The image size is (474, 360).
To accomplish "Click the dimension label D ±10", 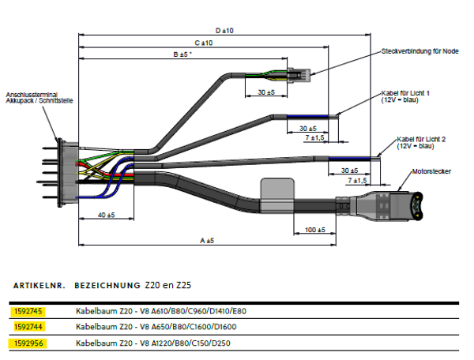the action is tap(224, 31).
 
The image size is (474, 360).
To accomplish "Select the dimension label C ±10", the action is tap(204, 43).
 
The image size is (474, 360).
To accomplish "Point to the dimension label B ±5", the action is tap(182, 54).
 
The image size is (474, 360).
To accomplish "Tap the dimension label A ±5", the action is tap(207, 241).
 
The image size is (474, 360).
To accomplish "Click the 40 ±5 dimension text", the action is tap(107, 215).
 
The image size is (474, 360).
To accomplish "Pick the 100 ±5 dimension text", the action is tap(314, 230).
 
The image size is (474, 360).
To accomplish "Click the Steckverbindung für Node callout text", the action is tap(420, 51).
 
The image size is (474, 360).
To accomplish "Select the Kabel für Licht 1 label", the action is tap(405, 96).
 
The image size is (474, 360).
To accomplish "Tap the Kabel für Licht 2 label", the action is tap(421, 143).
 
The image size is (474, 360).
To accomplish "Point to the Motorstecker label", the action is tap(431, 171).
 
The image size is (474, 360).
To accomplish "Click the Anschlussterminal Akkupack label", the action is tap(39, 98).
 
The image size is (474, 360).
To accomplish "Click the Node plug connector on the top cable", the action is tap(299, 74).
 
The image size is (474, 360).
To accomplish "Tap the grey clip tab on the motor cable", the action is tap(277, 196).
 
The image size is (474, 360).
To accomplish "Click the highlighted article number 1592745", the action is tap(28, 311).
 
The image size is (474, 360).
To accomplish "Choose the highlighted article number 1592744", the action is tap(28, 327).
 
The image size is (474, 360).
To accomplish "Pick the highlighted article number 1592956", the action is tap(28, 343).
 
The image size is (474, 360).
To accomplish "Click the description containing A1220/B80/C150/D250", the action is tap(153, 343).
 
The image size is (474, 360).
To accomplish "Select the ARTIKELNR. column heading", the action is tap(39, 286).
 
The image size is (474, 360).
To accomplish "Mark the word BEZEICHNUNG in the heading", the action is tap(107, 286).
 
